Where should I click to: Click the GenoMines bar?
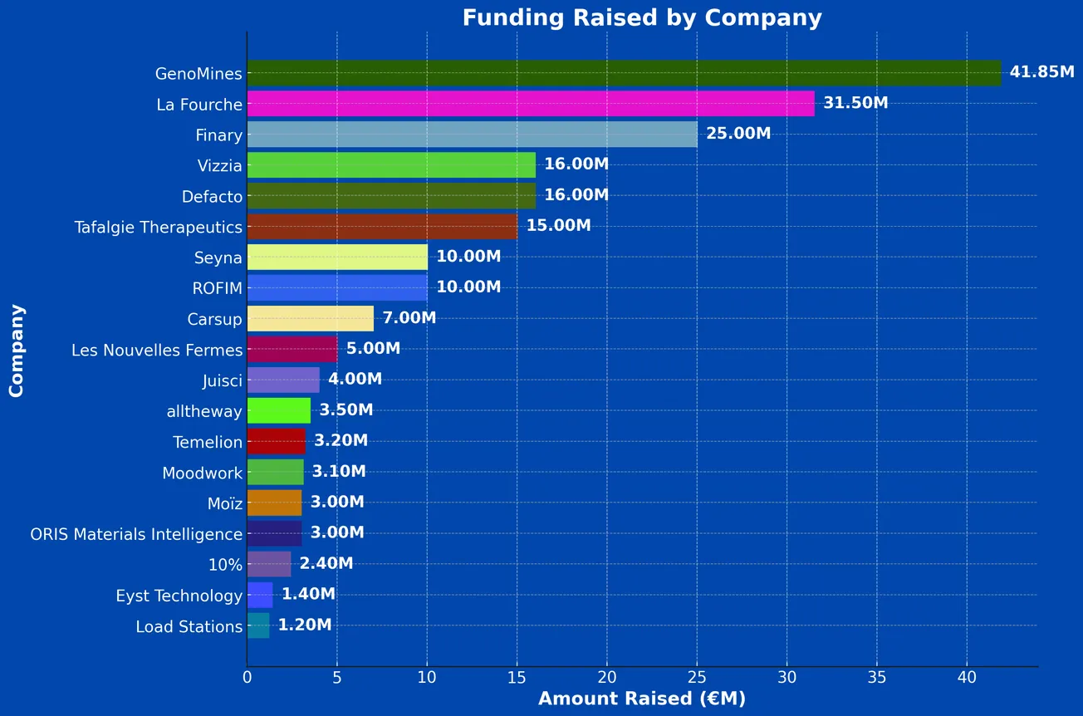[623, 73]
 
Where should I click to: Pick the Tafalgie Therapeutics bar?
[382, 227]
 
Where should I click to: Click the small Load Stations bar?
[257, 626]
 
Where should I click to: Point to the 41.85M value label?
[1041, 72]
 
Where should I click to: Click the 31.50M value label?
[855, 103]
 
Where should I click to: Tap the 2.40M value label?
[326, 564]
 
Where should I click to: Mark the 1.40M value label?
[308, 595]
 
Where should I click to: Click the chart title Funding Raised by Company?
[641, 18]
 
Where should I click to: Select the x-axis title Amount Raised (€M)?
[641, 699]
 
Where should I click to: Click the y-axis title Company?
[17, 350]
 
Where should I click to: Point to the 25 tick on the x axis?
[697, 677]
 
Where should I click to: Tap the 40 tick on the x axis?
[967, 677]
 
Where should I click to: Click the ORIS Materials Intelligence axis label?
[136, 534]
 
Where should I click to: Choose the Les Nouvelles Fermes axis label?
[157, 350]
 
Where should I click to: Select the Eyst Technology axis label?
[179, 596]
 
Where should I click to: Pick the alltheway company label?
[204, 411]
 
